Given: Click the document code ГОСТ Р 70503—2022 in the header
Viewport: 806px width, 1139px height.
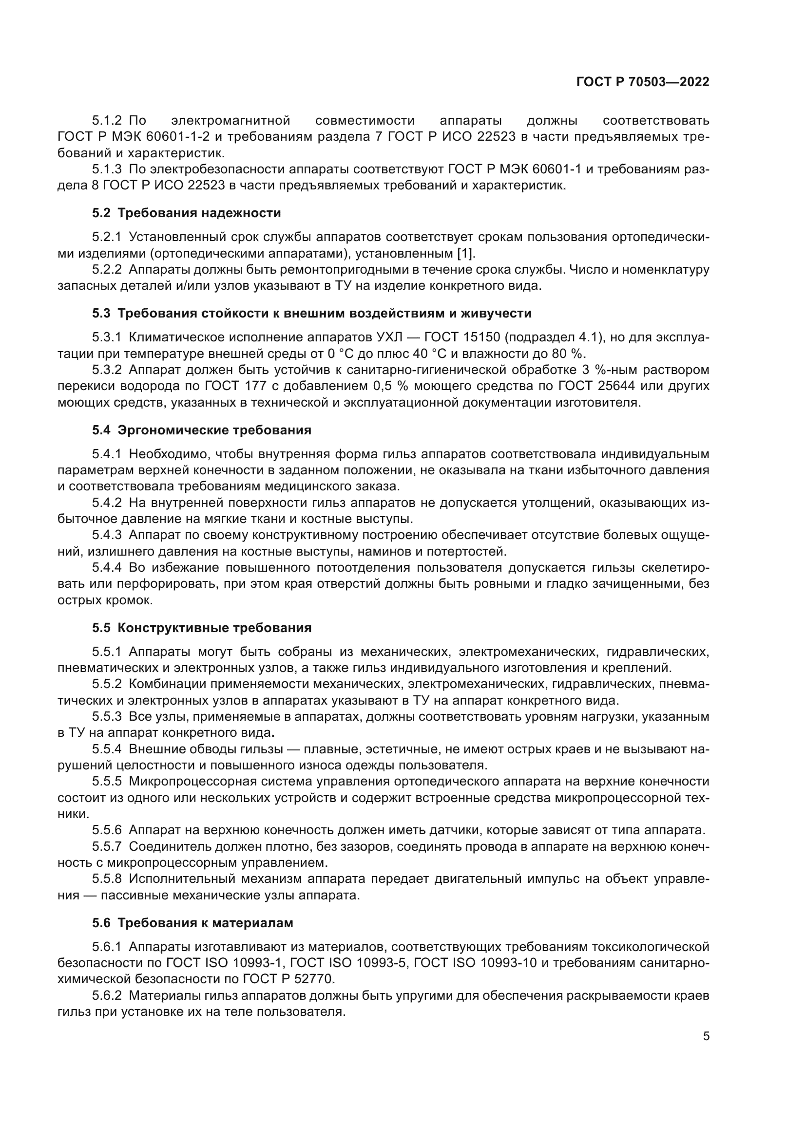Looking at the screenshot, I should [x=643, y=82].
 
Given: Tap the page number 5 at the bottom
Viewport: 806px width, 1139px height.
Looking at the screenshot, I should [x=706, y=1036].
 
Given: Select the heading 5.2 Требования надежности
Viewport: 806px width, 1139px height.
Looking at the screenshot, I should [x=187, y=213].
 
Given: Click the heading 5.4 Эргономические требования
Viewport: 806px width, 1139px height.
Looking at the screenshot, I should [x=202, y=429].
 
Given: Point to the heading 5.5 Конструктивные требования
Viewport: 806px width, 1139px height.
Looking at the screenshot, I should [x=202, y=628].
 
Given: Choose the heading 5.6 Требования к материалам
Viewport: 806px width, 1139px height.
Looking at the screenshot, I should [x=192, y=923].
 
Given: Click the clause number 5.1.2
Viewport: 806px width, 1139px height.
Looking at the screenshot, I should [x=107, y=121].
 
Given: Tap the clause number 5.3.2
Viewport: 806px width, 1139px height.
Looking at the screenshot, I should [x=107, y=370].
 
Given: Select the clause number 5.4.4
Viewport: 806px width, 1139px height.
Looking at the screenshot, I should [x=107, y=567].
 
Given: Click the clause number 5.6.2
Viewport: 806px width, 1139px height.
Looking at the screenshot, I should [x=107, y=996].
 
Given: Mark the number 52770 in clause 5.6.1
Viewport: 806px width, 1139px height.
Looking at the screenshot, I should [x=316, y=979].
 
